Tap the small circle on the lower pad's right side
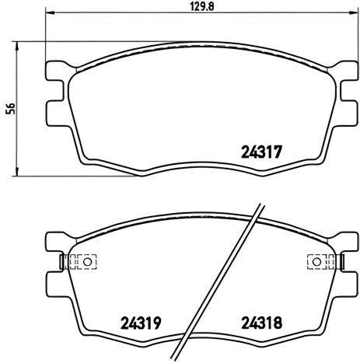317,262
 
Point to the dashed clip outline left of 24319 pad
75,262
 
